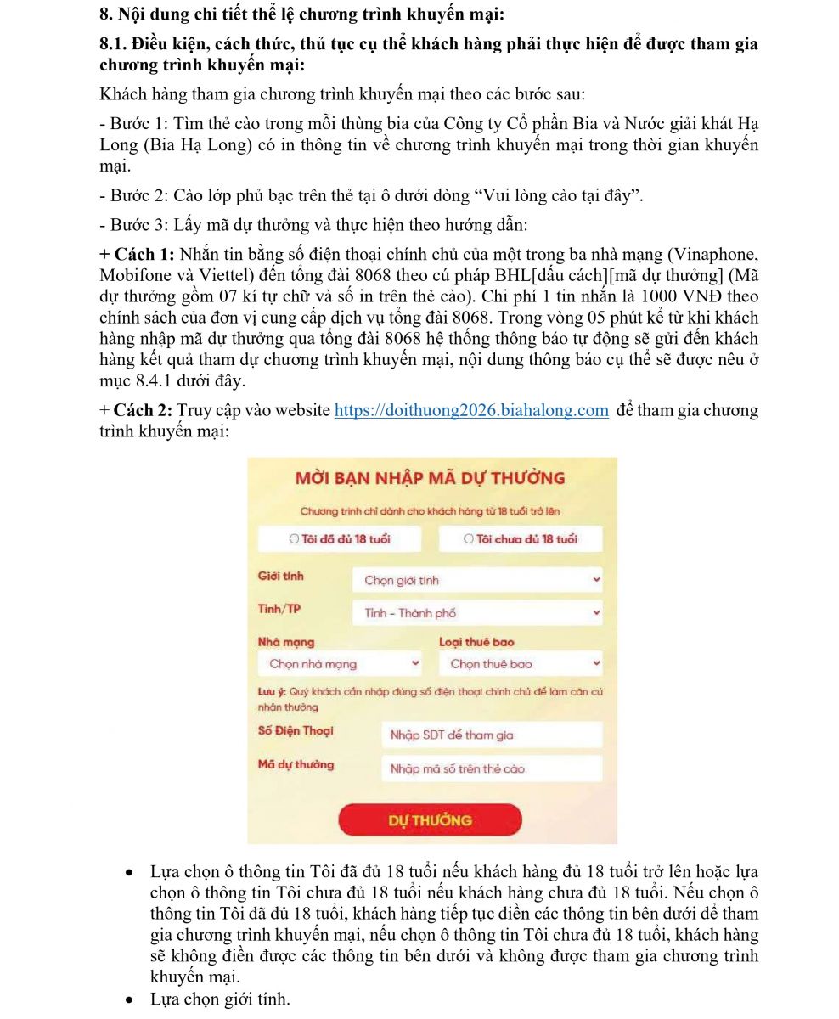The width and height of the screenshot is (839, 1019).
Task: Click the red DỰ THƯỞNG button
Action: [x=430, y=820]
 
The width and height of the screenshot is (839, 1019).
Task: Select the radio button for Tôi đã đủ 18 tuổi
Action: [x=295, y=538]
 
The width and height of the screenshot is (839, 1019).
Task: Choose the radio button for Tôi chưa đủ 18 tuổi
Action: [x=469, y=538]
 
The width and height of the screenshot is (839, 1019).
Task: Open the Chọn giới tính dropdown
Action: [x=477, y=581]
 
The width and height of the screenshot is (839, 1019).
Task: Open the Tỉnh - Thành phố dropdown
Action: [x=477, y=613]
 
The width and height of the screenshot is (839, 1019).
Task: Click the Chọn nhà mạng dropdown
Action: [x=339, y=664]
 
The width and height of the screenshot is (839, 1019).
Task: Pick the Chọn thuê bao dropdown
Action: [x=520, y=664]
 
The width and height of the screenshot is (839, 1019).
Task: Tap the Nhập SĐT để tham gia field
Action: [x=491, y=735]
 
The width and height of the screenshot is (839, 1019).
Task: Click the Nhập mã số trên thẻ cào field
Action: [x=491, y=769]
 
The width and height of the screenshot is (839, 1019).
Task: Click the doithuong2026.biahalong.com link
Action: [x=471, y=411]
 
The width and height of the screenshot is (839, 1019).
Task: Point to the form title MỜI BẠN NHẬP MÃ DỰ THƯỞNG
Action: [x=430, y=478]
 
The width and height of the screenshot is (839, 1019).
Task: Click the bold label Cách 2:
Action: [x=143, y=411]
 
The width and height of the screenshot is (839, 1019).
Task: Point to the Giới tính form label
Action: [x=280, y=577]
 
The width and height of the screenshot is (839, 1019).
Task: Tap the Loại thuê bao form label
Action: [x=476, y=643]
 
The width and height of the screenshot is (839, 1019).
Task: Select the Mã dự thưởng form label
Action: [x=296, y=765]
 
